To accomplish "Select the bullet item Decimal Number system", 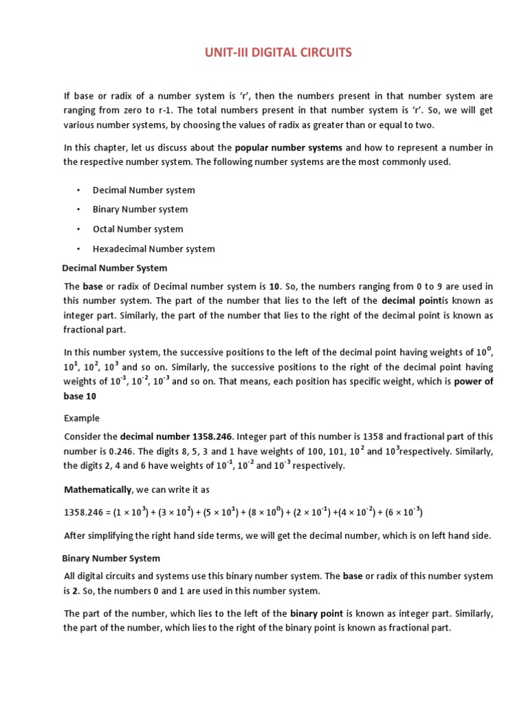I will coord(144,190).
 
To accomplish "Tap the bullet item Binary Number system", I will coord(140,209).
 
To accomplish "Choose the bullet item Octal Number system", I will coord(138,229).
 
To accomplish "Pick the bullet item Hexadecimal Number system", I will coord(153,249).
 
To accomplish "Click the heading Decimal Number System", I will coord(114,268).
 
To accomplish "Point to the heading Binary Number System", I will coord(111,558).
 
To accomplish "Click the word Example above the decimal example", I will coord(82,418).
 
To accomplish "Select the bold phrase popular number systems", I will coord(288,148).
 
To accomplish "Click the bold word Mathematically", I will coord(98,489).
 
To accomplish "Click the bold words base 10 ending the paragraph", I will coord(80,396).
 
